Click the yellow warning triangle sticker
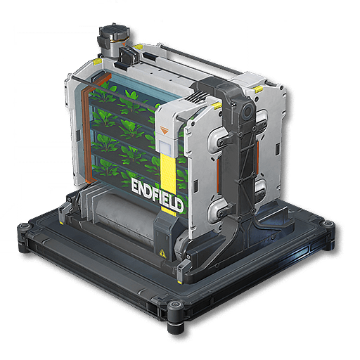pos(162,253)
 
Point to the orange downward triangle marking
pos(164,130)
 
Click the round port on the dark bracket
pos(247,112)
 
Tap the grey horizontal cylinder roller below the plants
pos(124,216)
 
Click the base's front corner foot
pos(175,314)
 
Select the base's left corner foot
pos(23,237)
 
